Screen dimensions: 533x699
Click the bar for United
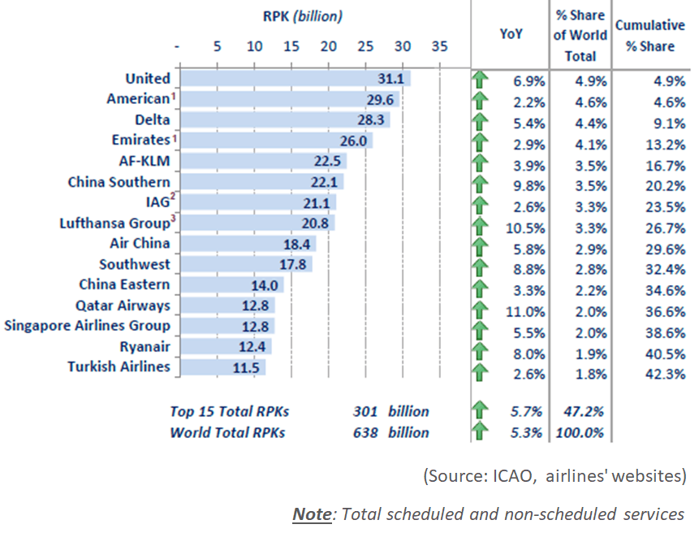(x=296, y=79)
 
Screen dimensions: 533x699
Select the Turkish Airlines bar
(x=223, y=367)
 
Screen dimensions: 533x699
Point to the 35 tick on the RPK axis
(x=439, y=46)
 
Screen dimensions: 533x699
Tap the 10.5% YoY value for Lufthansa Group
(x=529, y=224)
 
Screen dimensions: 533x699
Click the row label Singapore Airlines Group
(x=88, y=326)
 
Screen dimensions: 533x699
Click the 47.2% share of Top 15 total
(x=580, y=412)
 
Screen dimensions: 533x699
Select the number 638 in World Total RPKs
(x=365, y=432)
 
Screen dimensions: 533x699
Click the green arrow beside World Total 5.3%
(x=481, y=431)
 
